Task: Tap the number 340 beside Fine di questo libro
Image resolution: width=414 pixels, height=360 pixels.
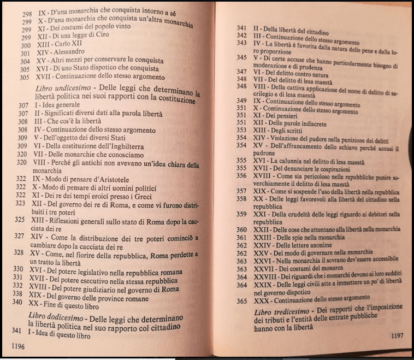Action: tap(17, 302)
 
